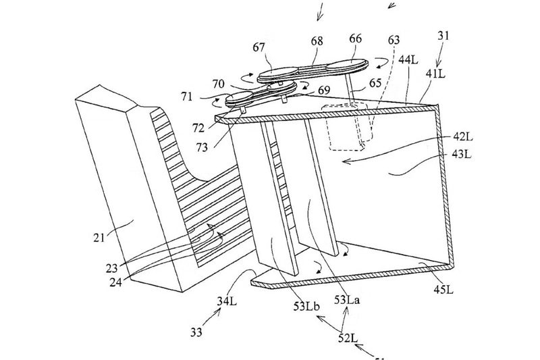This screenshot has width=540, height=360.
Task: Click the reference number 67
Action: click(x=259, y=47)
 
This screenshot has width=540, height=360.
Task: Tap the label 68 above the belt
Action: click(x=317, y=41)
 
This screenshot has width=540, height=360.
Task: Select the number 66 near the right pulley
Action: click(x=355, y=38)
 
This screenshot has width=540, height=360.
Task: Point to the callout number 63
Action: click(x=394, y=40)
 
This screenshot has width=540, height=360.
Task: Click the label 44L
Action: click(x=408, y=59)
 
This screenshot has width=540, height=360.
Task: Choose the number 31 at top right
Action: click(x=443, y=36)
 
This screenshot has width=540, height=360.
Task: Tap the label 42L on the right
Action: click(x=462, y=136)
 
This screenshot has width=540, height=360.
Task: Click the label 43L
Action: click(x=462, y=154)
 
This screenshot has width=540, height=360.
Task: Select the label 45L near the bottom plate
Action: click(x=443, y=289)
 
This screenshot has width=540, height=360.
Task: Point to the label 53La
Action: click(x=347, y=300)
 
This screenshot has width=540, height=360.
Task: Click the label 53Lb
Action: click(x=306, y=306)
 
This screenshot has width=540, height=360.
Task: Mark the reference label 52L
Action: click(x=348, y=338)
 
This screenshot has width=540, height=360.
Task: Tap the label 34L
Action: click(x=227, y=301)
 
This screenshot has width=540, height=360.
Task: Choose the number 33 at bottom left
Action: click(x=196, y=332)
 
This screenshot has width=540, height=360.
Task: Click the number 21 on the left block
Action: click(x=99, y=237)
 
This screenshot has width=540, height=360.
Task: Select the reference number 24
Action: click(x=115, y=282)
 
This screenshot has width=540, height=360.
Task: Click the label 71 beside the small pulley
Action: click(x=187, y=97)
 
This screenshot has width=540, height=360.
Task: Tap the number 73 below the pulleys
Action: click(x=202, y=147)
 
